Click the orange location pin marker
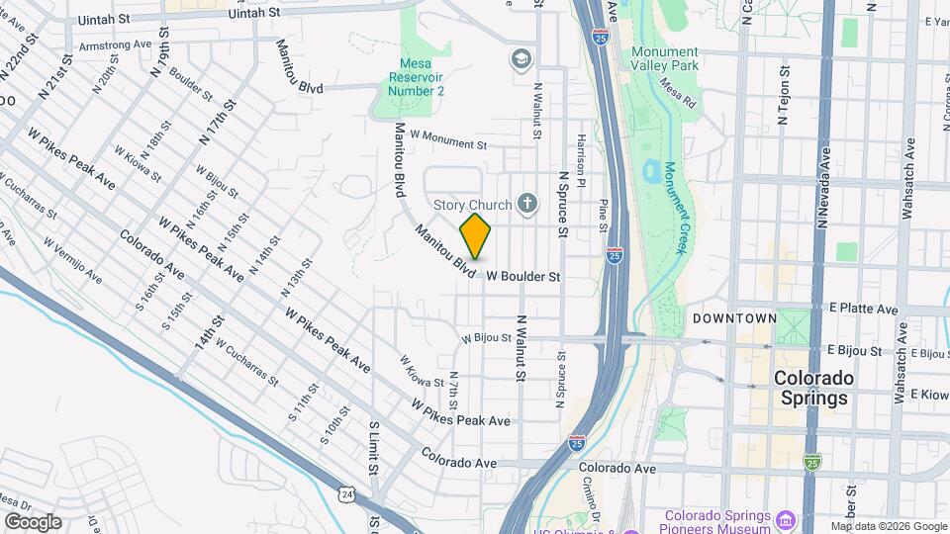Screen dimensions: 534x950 pyautogui.click(x=476, y=236)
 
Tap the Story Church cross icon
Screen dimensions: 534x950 pyautogui.click(x=527, y=205)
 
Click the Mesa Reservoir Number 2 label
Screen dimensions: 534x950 pyautogui.click(x=416, y=75)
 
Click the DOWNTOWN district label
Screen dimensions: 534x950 pyautogui.click(x=734, y=318)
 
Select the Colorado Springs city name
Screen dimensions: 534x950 pyautogui.click(x=811, y=389)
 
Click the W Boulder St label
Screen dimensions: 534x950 pyautogui.click(x=523, y=278)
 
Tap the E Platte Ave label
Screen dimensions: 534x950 pyautogui.click(x=863, y=310)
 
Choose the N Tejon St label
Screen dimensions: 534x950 pyautogui.click(x=783, y=95)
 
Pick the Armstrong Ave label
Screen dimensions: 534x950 pyautogui.click(x=115, y=45)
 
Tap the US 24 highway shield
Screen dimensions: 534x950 pyautogui.click(x=345, y=492)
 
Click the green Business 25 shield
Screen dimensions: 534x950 pyautogui.click(x=812, y=461)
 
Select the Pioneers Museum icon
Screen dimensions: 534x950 pyautogui.click(x=788, y=520)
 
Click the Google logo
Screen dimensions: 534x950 pyautogui.click(x=33, y=521)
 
